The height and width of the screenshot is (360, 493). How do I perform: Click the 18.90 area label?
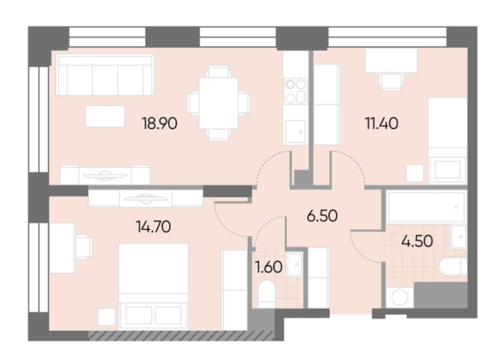pos(159,123)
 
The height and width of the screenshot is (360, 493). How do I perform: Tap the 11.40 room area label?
pos(381,123)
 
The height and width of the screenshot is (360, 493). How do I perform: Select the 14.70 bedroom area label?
pos(153,227)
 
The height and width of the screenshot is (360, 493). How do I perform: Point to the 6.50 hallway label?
pos(322,216)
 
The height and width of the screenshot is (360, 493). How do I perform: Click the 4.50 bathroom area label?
pos(417,241)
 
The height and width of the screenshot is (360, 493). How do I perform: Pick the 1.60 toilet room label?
pos(268,267)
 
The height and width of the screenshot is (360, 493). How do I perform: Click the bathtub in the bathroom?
pos(426,207)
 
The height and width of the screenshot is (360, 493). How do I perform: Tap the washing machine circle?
pos(400,297)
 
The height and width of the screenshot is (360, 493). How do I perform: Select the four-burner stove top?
pos(295,92)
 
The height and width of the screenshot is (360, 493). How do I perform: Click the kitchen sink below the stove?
pos(295,131)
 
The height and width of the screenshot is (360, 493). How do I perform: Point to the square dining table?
pos(218,103)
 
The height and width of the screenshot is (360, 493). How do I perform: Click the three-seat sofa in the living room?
pos(105,75)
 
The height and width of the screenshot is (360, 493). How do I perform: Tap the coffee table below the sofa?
pos(105,116)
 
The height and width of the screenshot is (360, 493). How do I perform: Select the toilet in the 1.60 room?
pos(267,295)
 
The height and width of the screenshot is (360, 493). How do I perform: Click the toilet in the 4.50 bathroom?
pos(453,267)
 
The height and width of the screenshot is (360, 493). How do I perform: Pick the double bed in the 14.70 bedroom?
pos(153,286)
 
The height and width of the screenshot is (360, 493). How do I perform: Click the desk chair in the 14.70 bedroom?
pos(84,247)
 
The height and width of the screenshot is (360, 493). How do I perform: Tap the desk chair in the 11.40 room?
pos(391,82)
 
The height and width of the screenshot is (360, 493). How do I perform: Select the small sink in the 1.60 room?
pos(295,264)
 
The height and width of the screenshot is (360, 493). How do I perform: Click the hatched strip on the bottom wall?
pos(182,336)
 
